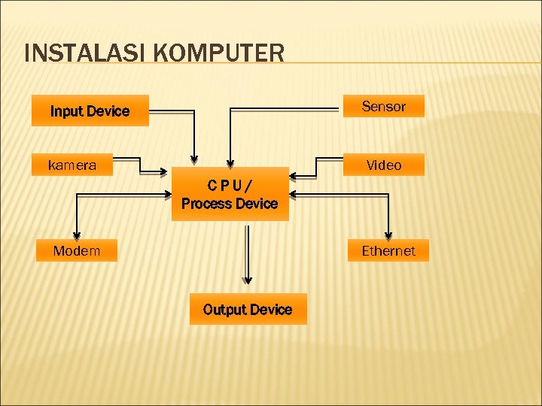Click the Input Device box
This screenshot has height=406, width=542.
[90, 111]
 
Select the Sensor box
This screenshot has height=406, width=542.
[383, 106]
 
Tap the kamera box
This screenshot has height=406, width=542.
[72, 165]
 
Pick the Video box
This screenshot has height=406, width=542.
[384, 165]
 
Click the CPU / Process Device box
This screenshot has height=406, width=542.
[230, 194]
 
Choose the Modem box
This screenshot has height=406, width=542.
[76, 250]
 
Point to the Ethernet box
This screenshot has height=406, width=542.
[388, 250]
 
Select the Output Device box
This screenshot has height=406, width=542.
[248, 309]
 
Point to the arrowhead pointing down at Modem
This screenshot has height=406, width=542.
[76, 234]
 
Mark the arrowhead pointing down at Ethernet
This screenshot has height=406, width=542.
[388, 234]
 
